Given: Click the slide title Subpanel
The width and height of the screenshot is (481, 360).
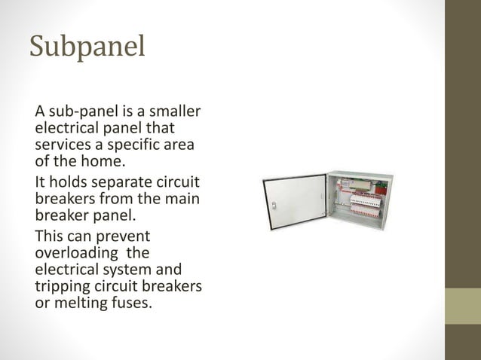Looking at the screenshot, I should pyautogui.click(x=87, y=47).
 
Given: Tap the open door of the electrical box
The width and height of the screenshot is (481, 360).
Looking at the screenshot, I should pyautogui.click(x=295, y=203).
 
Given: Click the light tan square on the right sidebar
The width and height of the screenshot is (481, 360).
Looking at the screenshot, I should pyautogui.click(x=462, y=306).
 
